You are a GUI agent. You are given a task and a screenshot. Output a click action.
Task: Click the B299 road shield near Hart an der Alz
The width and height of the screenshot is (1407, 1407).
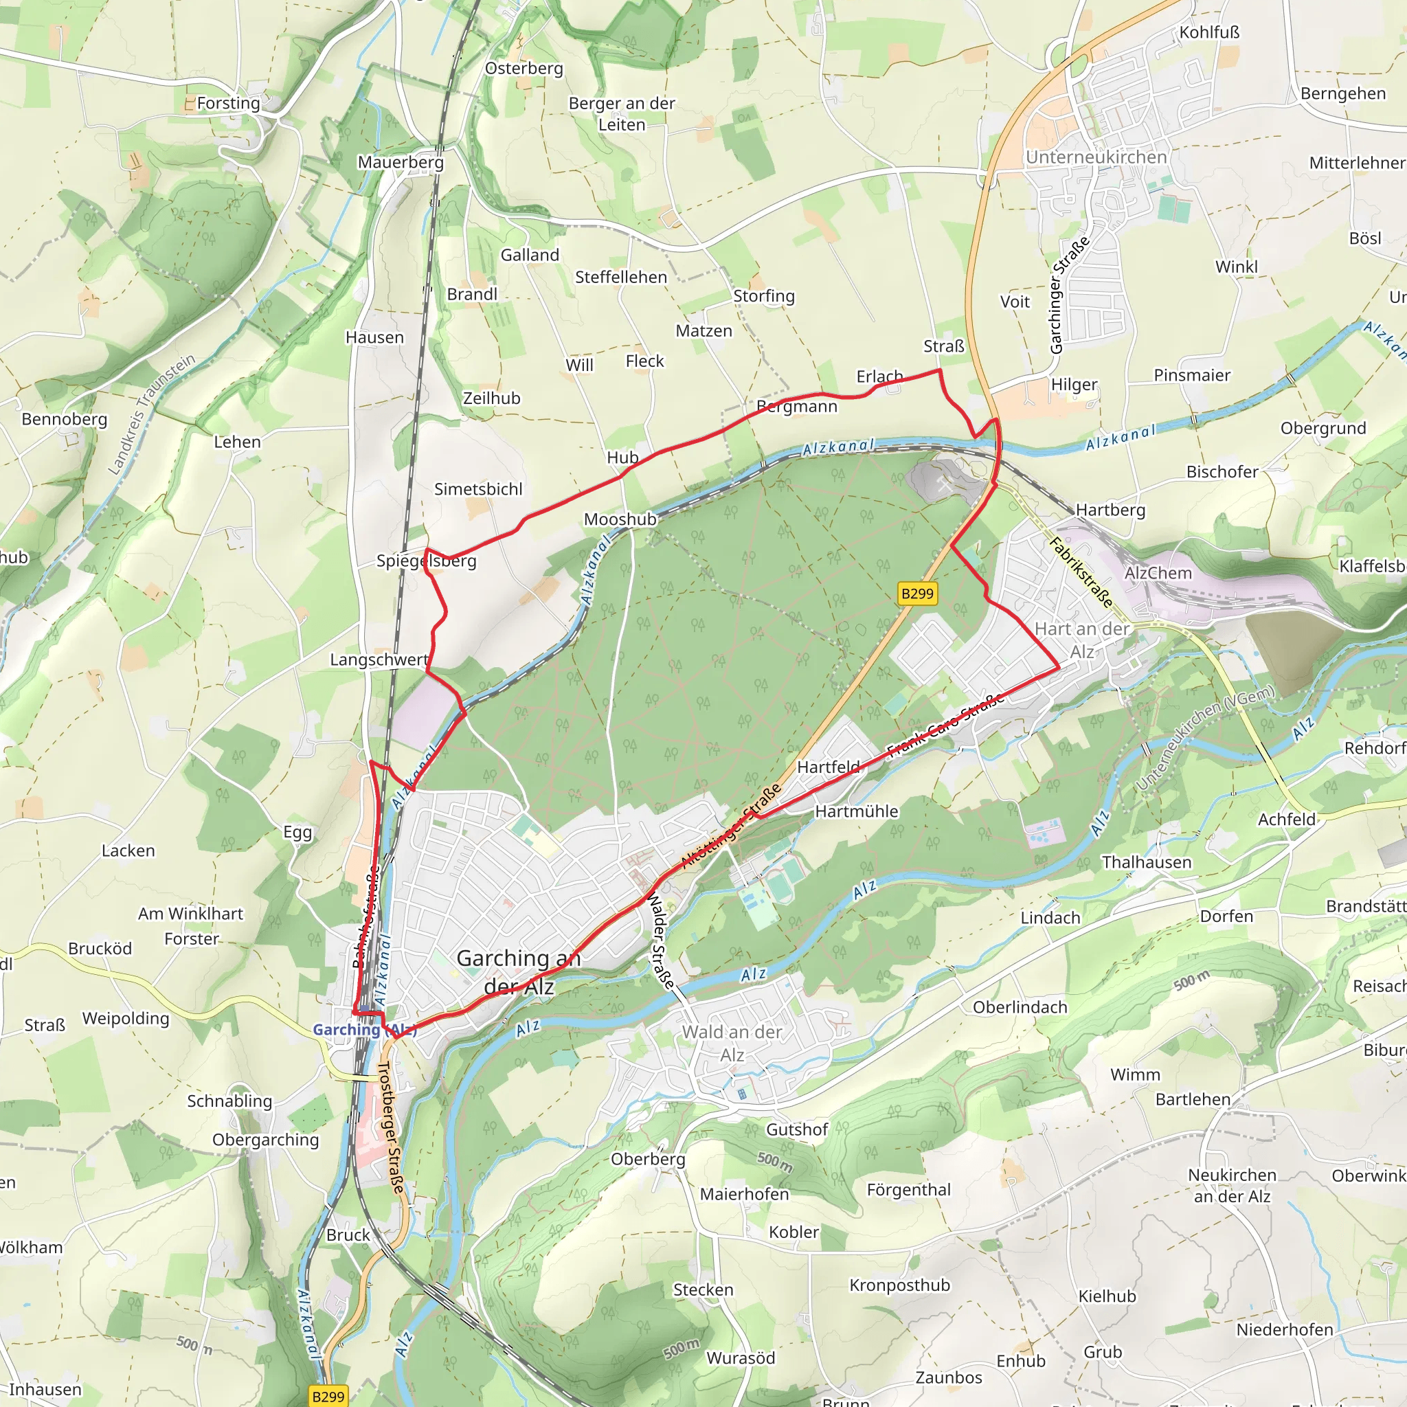(x=917, y=594)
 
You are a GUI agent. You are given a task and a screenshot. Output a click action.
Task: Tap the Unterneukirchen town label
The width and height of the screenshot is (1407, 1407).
(x=1096, y=157)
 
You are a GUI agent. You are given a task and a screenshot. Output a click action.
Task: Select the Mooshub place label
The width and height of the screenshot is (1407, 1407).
(x=620, y=519)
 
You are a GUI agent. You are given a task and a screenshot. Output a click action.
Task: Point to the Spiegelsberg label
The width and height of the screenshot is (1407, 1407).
(x=426, y=561)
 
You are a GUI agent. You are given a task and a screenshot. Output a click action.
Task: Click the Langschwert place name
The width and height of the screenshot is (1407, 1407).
(x=379, y=660)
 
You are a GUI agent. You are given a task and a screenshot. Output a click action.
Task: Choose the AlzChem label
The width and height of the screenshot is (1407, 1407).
(x=1158, y=573)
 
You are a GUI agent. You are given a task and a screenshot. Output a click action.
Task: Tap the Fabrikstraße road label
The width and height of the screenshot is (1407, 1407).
(x=1081, y=572)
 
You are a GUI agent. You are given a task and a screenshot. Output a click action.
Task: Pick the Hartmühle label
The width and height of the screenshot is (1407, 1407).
(x=857, y=811)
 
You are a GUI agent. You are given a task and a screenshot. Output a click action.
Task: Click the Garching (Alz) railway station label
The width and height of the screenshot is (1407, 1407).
(x=364, y=1030)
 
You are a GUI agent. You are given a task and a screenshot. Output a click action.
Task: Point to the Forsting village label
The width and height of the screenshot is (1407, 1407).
(x=228, y=104)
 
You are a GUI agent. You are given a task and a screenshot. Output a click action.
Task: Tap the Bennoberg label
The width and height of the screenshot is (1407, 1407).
(x=64, y=420)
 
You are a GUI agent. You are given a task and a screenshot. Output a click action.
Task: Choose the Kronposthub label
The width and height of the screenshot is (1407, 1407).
(x=899, y=1285)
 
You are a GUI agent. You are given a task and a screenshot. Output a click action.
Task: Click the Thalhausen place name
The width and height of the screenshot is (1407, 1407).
(x=1147, y=862)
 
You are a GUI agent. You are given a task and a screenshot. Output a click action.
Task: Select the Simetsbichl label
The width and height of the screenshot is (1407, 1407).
(x=478, y=489)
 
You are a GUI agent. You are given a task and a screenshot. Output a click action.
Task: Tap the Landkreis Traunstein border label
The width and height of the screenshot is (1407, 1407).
(x=151, y=414)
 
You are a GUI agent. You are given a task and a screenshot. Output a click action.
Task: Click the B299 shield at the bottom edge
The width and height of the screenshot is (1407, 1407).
(x=328, y=1397)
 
